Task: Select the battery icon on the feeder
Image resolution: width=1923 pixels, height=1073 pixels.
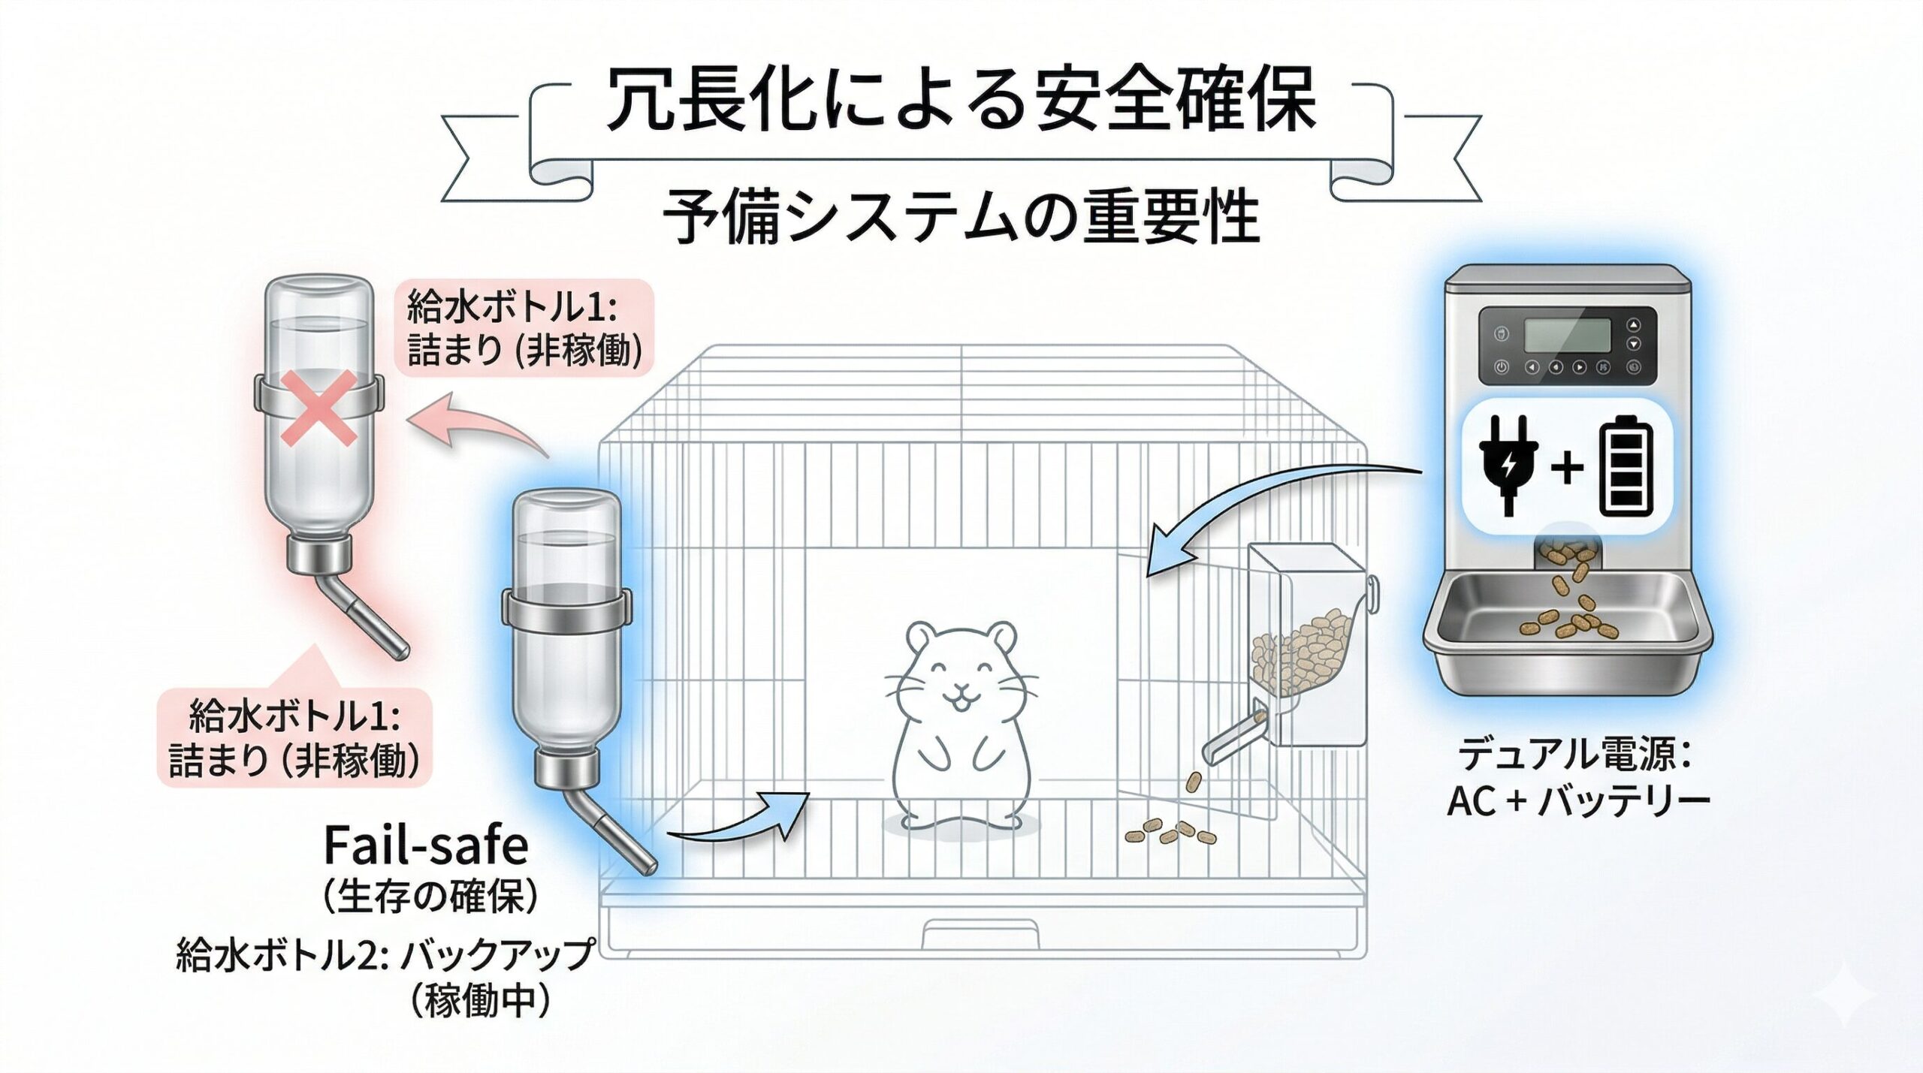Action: click(1626, 467)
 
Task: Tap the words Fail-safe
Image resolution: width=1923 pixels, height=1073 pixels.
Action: click(426, 846)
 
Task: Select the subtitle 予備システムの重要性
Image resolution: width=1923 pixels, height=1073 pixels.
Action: click(961, 216)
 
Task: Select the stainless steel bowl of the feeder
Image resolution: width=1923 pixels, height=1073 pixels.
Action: click(1567, 623)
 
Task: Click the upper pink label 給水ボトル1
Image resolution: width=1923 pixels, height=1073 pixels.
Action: click(524, 328)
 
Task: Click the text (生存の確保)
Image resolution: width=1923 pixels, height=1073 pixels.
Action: click(430, 895)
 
